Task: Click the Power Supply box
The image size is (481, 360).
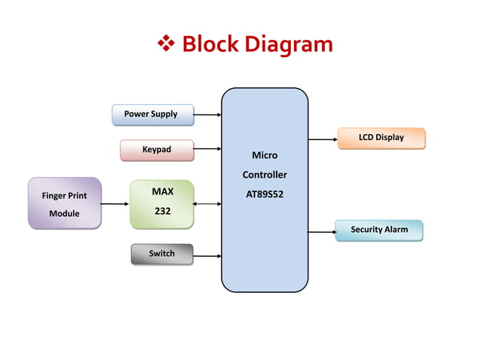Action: coord(152,114)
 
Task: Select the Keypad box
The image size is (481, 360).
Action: coord(157,150)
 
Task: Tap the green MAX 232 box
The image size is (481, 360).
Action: coord(161,203)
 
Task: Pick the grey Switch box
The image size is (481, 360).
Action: coord(161,254)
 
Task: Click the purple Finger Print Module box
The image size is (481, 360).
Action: coord(64,203)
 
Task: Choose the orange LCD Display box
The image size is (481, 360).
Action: coord(381,138)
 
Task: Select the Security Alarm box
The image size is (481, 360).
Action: coord(378,230)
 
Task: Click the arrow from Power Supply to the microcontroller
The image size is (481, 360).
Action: coord(207,115)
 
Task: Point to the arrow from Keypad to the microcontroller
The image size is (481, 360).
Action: coord(207,151)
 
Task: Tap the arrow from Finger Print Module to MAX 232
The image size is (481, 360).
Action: coord(115,203)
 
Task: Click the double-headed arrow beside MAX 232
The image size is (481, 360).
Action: coord(207,203)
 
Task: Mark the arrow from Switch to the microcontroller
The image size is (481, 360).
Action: coord(207,255)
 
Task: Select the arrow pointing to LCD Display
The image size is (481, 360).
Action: coord(322,139)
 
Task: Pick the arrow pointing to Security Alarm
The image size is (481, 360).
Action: coord(322,230)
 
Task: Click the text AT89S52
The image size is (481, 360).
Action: coord(265,194)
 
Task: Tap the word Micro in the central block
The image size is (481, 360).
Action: coord(265,155)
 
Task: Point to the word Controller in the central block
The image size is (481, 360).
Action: coord(265,175)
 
